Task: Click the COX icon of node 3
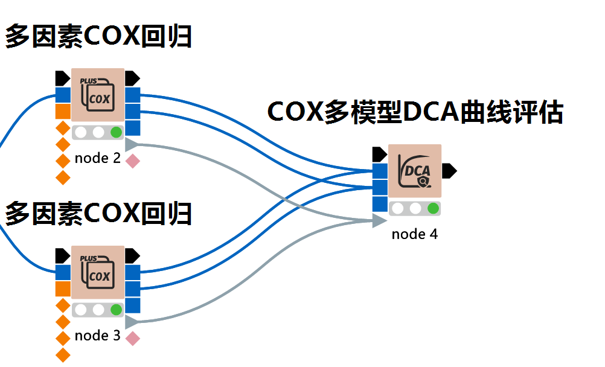(98, 272)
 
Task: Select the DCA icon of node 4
(415, 171)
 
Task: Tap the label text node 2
(98, 159)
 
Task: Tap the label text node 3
(98, 336)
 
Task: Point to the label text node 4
(415, 234)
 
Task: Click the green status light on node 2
(116, 132)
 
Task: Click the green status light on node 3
(116, 310)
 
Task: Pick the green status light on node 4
(433, 209)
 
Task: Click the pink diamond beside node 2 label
(132, 161)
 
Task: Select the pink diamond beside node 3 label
(132, 339)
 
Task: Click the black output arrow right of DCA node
(449, 171)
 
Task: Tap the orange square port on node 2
(63, 112)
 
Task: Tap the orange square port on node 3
(63, 289)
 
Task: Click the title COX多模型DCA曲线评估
(415, 113)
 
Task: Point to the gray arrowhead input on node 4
(379, 221)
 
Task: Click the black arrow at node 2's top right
(132, 78)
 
